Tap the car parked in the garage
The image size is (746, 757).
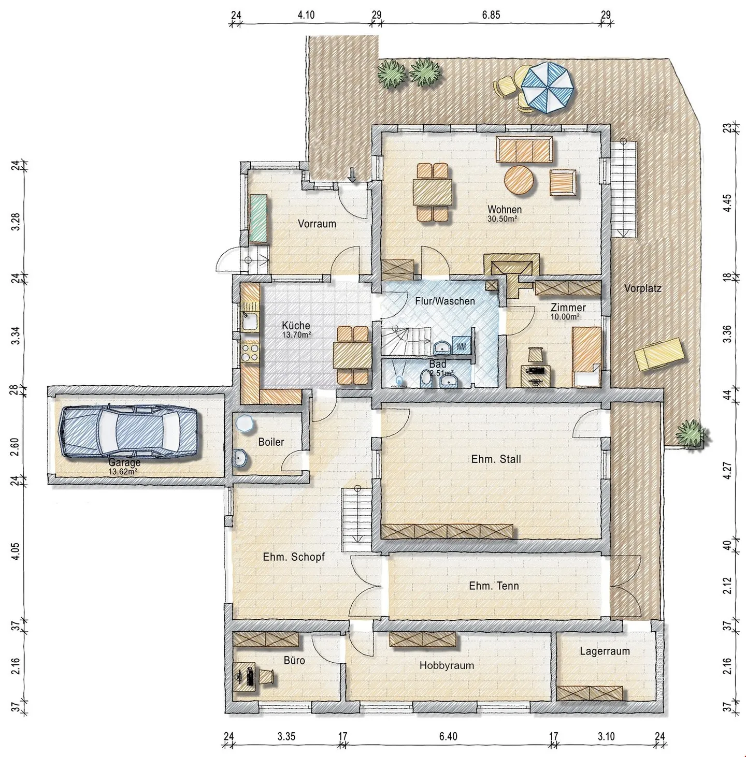tap(128, 432)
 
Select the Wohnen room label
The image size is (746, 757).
tap(505, 209)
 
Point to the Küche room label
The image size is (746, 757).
tap(296, 325)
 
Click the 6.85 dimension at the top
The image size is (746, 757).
tap(491, 15)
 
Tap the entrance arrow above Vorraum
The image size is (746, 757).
tap(352, 175)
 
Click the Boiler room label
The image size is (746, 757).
tap(271, 442)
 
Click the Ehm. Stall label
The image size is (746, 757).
tap(496, 459)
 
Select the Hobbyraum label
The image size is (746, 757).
tap(447, 665)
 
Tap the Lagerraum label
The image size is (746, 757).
tap(605, 651)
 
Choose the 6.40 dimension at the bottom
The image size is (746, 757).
tap(448, 736)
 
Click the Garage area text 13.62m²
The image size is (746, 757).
tap(123, 471)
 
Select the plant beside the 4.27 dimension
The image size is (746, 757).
tap(691, 433)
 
